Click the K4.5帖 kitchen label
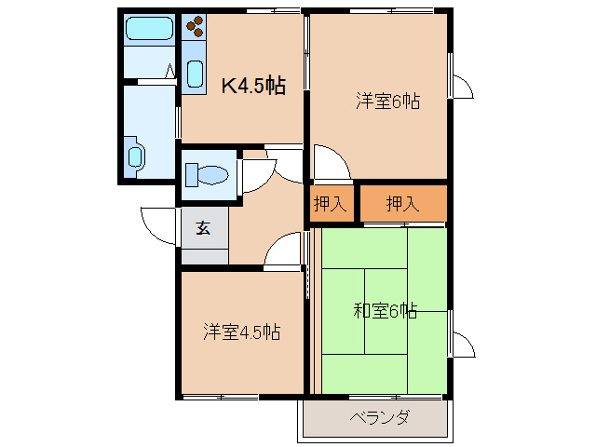click(252, 87)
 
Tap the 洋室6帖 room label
click(387, 102)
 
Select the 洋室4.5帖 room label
click(242, 332)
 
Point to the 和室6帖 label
click(385, 311)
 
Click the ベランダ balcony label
click(379, 417)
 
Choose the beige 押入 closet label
click(330, 204)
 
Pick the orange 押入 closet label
click(402, 204)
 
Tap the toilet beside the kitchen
click(208, 174)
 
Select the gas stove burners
click(195, 29)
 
